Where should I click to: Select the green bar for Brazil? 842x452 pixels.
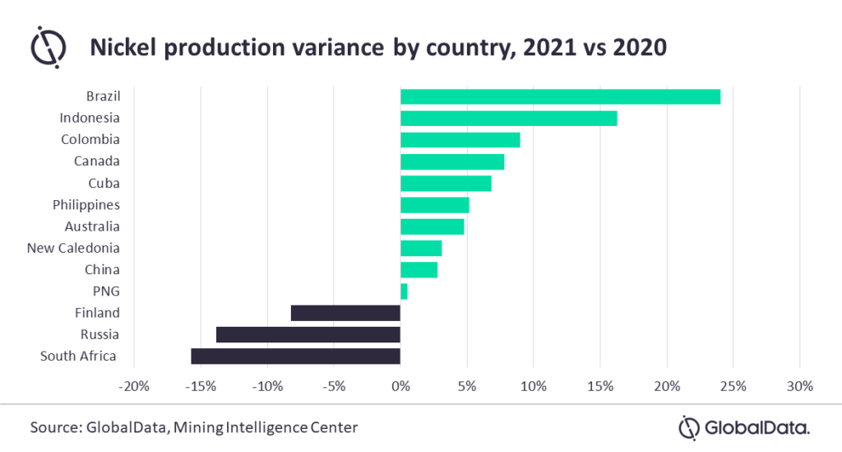click(560, 96)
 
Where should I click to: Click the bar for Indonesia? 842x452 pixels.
click(508, 118)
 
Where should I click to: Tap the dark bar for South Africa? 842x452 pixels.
click(295, 356)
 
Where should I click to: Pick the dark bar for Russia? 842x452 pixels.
click(308, 334)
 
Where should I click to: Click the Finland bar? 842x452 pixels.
click(345, 313)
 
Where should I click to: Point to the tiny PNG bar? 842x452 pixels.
click(404, 291)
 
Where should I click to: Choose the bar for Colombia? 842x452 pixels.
click(460, 140)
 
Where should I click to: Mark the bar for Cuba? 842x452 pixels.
click(446, 183)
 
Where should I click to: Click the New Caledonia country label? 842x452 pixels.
click(73, 248)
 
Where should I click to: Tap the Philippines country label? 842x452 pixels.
click(86, 204)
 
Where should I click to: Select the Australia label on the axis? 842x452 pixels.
click(92, 226)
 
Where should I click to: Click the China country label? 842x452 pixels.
click(102, 269)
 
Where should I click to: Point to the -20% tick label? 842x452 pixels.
click(133, 386)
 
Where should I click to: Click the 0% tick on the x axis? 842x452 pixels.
click(400, 386)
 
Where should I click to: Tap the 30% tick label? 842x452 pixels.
click(799, 386)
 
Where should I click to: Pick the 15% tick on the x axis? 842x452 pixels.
click(599, 386)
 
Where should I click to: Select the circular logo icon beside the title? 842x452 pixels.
click(49, 48)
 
